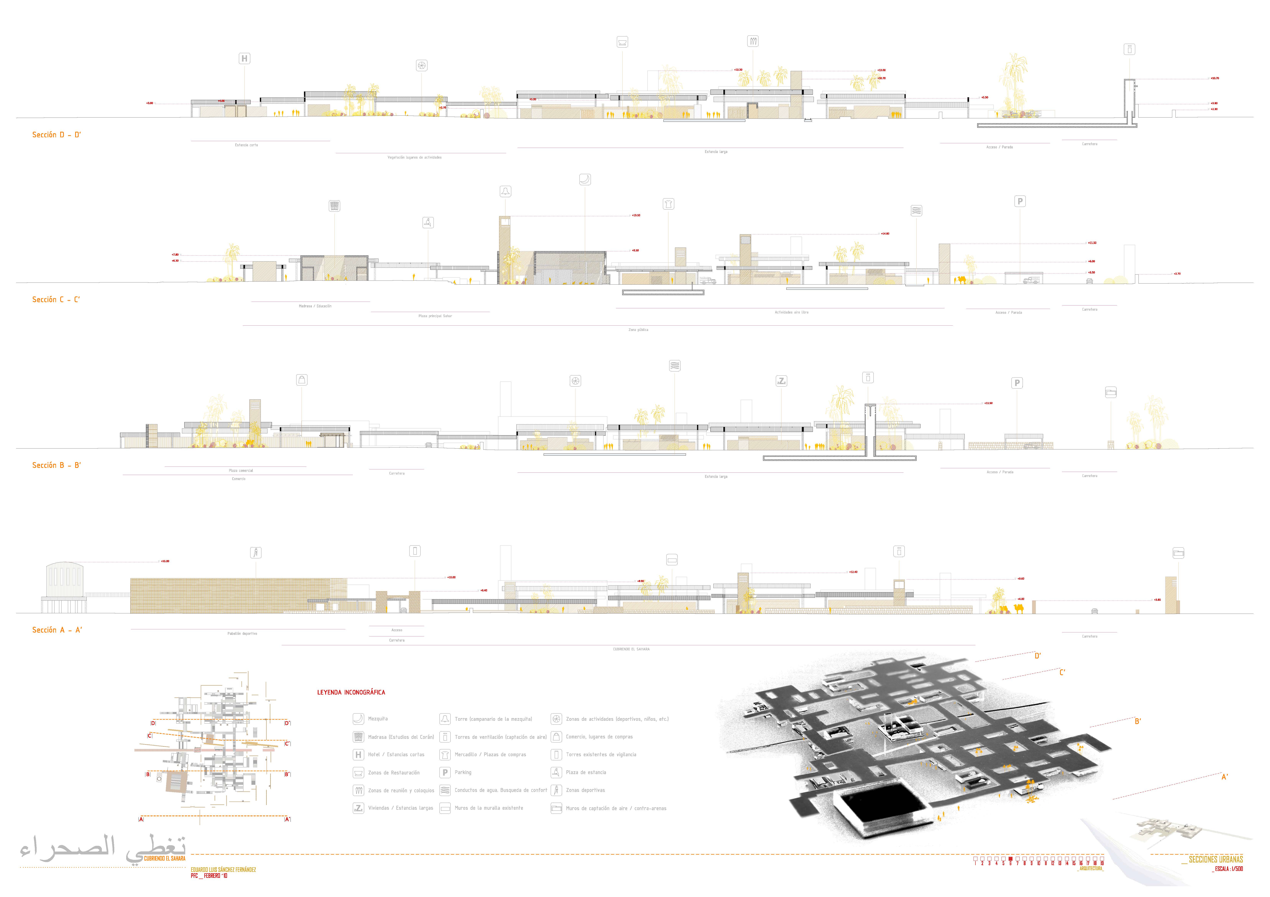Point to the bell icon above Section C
505,191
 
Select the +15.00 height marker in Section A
165,561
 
